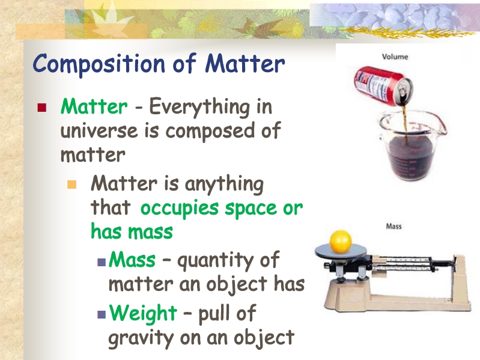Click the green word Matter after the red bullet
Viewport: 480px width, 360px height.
click(x=94, y=106)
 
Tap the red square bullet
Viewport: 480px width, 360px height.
click(x=41, y=108)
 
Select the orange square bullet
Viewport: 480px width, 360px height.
click(x=71, y=185)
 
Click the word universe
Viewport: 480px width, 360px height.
click(x=100, y=130)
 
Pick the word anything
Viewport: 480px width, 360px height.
click(x=224, y=185)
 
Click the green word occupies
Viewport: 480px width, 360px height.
click(x=180, y=209)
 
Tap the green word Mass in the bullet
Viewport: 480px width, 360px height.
click(x=132, y=259)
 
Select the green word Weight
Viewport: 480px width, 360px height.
click(x=143, y=314)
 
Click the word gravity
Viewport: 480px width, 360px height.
click(x=141, y=338)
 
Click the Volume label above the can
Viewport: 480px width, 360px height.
click(x=395, y=56)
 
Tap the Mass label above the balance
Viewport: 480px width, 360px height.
click(x=393, y=226)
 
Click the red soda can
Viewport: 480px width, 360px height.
click(x=383, y=87)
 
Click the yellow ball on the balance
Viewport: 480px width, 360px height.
click(x=341, y=241)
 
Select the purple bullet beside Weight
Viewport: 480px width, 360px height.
click(x=102, y=314)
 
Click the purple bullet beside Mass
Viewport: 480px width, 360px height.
click(x=102, y=263)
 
